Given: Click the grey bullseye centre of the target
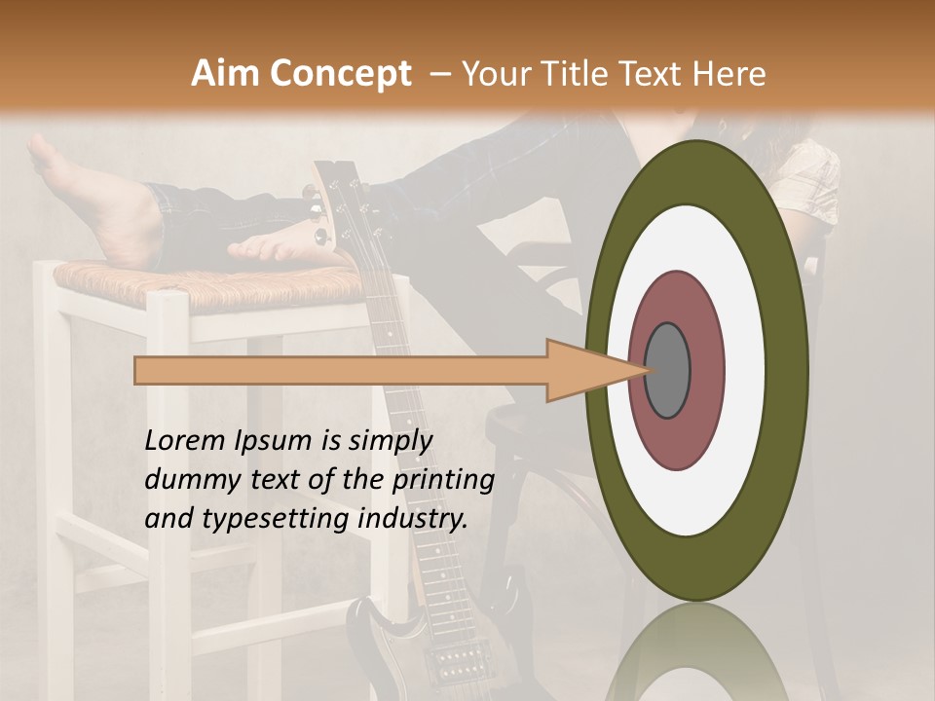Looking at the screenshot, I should tap(667, 370).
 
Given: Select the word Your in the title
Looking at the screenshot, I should tap(495, 74).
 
